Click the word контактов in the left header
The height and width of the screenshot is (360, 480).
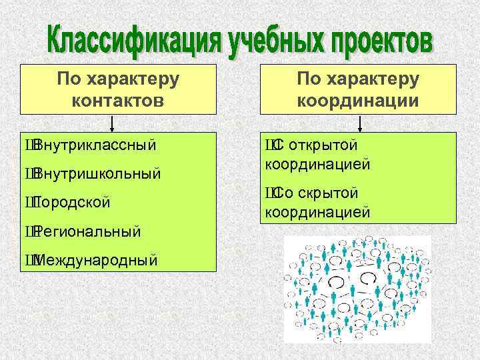click(x=118, y=101)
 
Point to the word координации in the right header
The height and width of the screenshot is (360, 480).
click(x=358, y=101)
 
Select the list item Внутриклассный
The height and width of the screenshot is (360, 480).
click(x=94, y=145)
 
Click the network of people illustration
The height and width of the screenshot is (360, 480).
click(x=357, y=291)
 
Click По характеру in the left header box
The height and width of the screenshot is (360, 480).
click(x=118, y=79)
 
